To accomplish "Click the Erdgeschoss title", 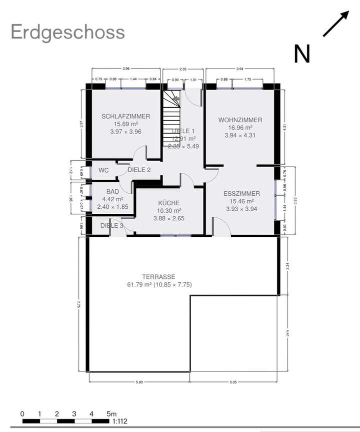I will pyautogui.click(x=67, y=32).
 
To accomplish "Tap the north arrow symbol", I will pyautogui.click(x=335, y=24).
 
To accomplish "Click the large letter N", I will pyautogui.click(x=302, y=54).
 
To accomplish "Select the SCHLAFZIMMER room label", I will pyautogui.click(x=125, y=116).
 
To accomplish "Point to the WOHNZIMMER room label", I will pyautogui.click(x=240, y=120).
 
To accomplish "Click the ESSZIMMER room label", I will pyautogui.click(x=241, y=193).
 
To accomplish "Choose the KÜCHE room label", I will pyautogui.click(x=168, y=203).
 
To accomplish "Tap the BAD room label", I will pyautogui.click(x=112, y=192).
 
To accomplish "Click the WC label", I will pyautogui.click(x=103, y=170).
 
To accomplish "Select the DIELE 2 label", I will pyautogui.click(x=139, y=170).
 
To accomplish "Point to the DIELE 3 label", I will pyautogui.click(x=111, y=226).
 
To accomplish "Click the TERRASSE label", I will pyautogui.click(x=159, y=276).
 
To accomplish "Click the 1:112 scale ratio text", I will pyautogui.click(x=120, y=421).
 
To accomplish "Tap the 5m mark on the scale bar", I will pyautogui.click(x=110, y=414).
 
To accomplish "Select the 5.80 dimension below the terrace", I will pyautogui.click(x=139, y=382).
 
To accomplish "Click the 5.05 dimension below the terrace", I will pyautogui.click(x=233, y=382).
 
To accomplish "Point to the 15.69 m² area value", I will pyautogui.click(x=125, y=124).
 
